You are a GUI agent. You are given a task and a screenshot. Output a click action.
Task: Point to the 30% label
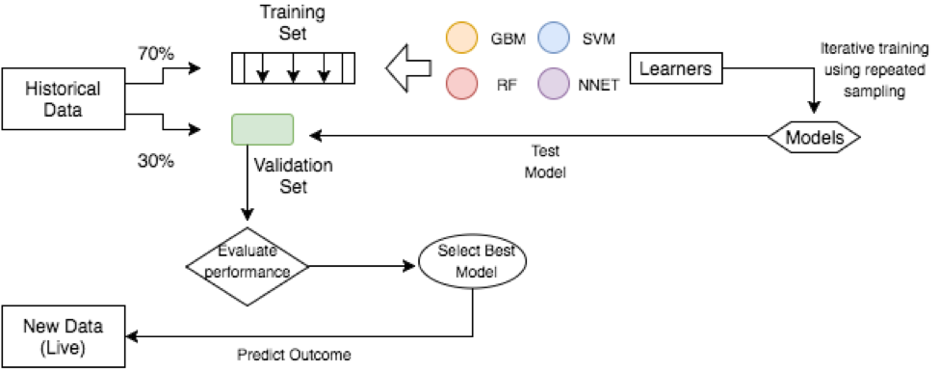(x=155, y=161)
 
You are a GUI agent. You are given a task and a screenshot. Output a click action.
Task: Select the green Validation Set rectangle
(x=262, y=129)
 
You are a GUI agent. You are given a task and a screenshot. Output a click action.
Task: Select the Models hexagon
(x=813, y=138)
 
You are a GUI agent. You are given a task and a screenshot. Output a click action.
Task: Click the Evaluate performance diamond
(x=248, y=263)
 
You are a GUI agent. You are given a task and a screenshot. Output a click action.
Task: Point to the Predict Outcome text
(x=294, y=354)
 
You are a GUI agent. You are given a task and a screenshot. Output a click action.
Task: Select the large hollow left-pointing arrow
(x=408, y=68)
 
